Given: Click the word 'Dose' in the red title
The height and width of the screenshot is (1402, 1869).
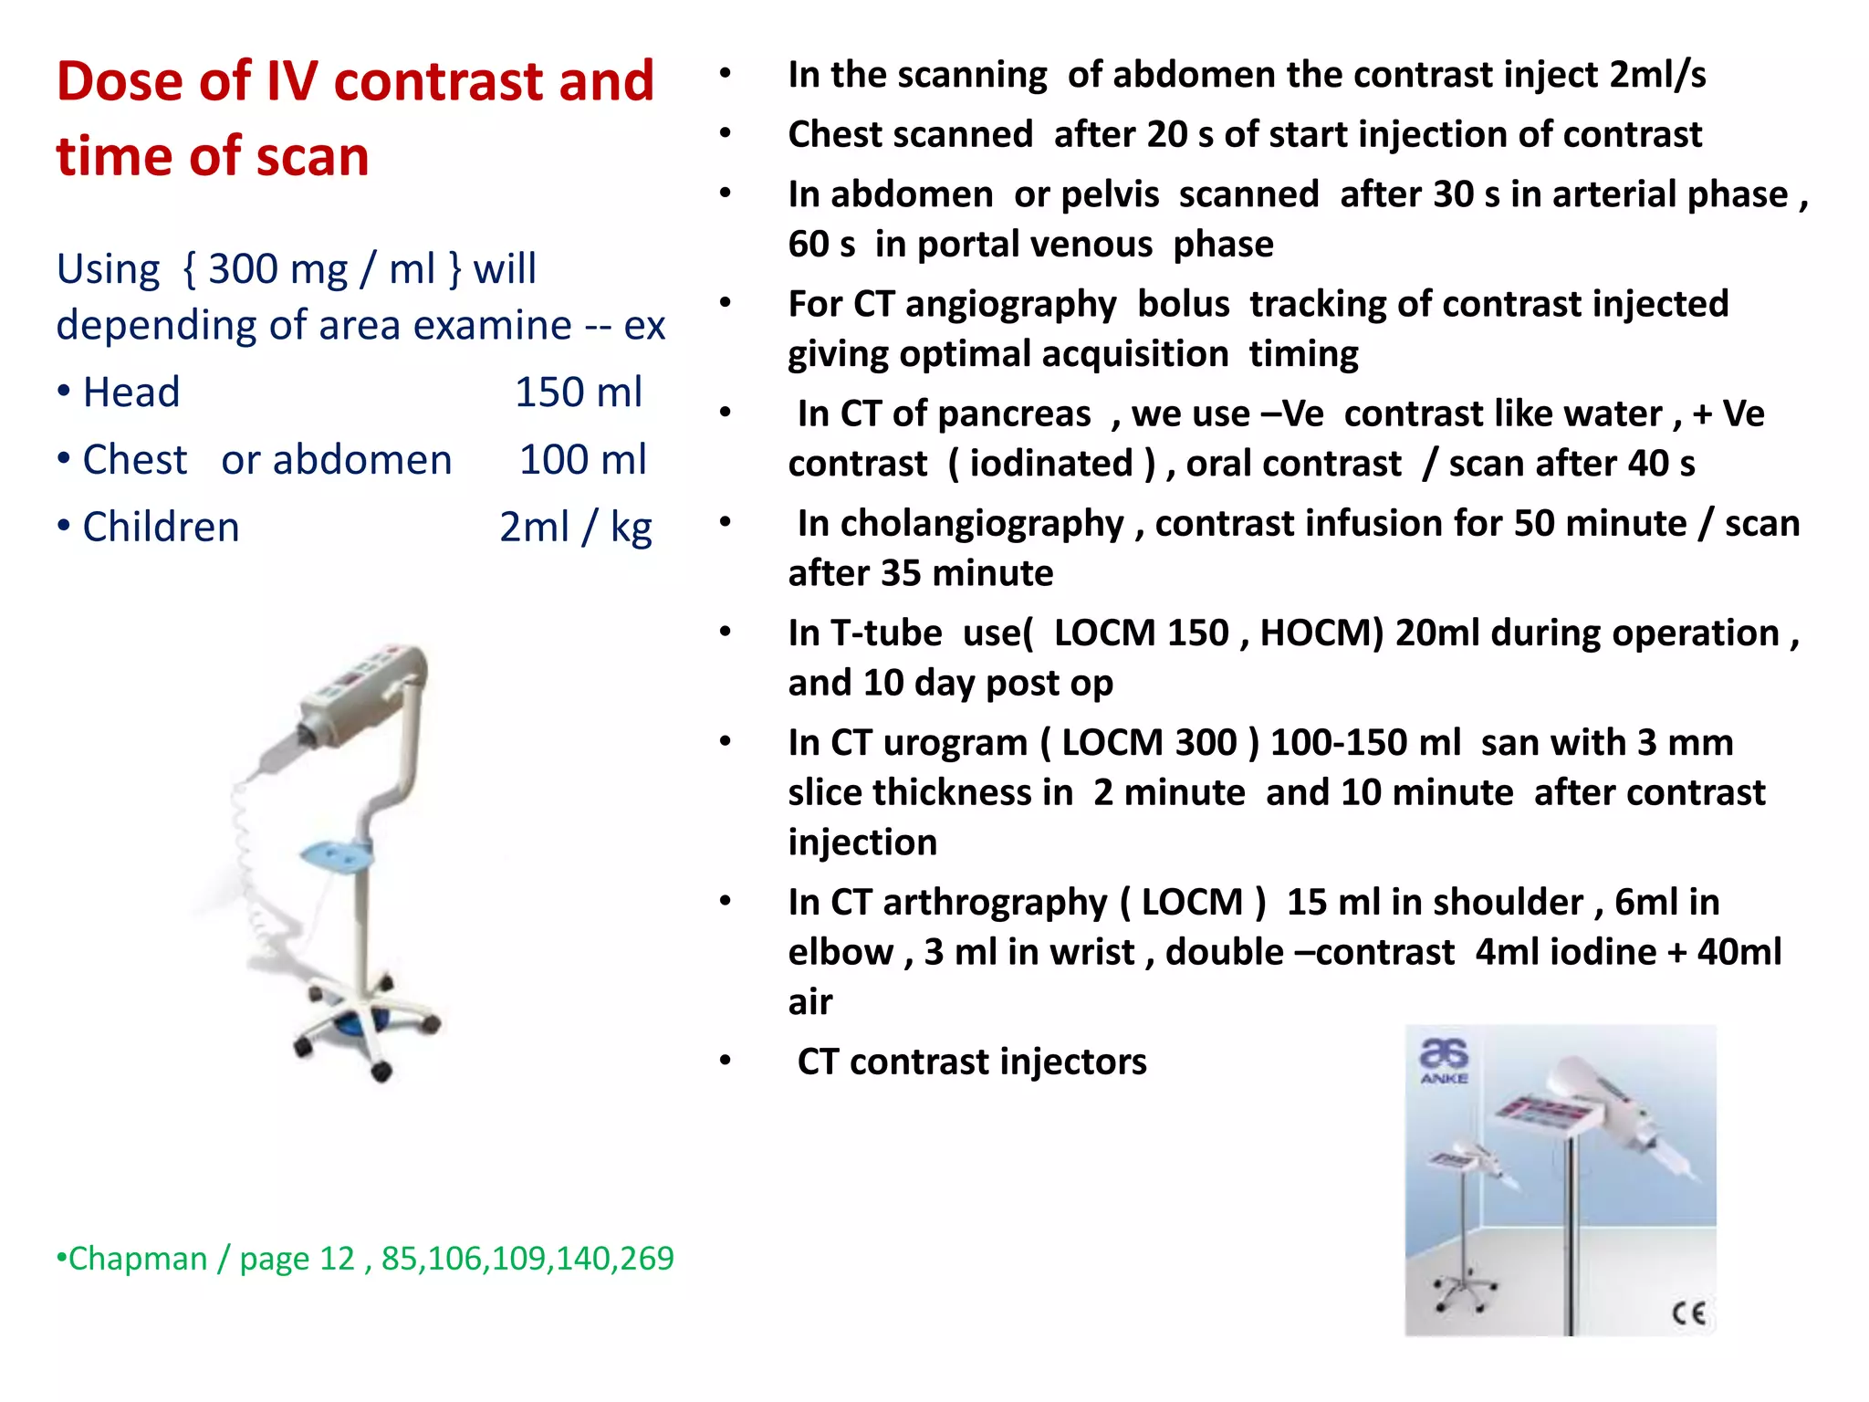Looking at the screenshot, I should pyautogui.click(x=121, y=82).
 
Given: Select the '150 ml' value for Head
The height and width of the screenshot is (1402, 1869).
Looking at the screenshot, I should pyautogui.click(x=579, y=392).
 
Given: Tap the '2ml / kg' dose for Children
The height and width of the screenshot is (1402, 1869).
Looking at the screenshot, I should pyautogui.click(x=576, y=528).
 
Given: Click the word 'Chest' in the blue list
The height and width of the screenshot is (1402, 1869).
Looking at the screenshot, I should pyautogui.click(x=135, y=460).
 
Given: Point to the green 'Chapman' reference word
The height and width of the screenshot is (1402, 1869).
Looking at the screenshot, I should pyautogui.click(x=138, y=1259).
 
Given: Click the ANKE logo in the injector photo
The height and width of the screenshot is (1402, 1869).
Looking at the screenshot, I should pyautogui.click(x=1444, y=1062).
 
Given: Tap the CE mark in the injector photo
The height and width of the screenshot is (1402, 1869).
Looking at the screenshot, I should pyautogui.click(x=1688, y=1313).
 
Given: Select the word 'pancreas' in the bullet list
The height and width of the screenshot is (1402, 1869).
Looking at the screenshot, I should pyautogui.click(x=1036, y=414).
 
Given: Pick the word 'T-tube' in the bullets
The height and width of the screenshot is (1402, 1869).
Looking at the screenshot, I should pyautogui.click(x=886, y=633).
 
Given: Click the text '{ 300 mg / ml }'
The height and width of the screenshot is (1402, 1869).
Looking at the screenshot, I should pyautogui.click(x=321, y=269).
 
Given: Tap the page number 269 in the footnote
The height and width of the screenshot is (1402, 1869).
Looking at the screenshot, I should pyautogui.click(x=645, y=1259).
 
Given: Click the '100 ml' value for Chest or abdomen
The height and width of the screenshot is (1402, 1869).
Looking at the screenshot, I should pyautogui.click(x=583, y=460).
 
